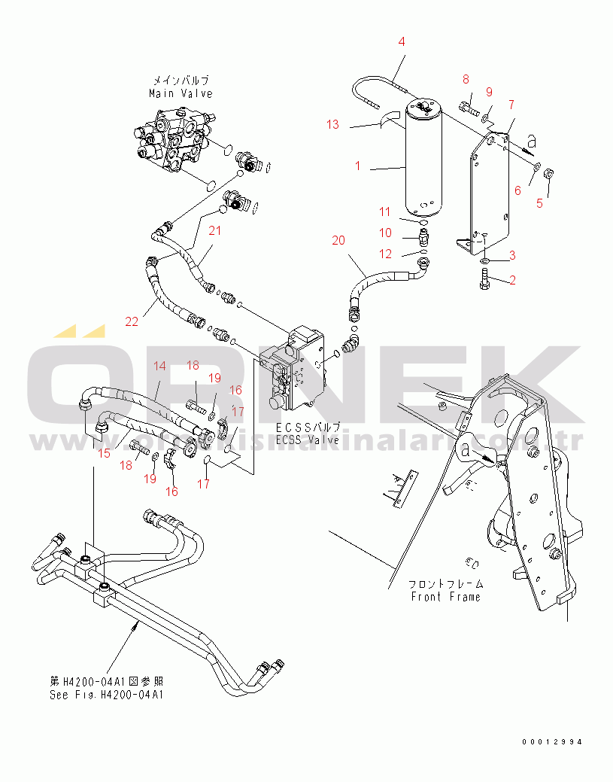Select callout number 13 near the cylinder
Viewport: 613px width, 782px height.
click(x=333, y=124)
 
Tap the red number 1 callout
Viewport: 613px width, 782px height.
click(x=358, y=166)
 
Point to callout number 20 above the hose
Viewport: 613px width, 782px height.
click(x=338, y=240)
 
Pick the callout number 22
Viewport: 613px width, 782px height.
click(x=132, y=321)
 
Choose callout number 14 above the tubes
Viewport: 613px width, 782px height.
click(x=159, y=367)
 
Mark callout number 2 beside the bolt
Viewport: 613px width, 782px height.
click(x=512, y=281)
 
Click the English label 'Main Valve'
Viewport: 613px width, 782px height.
click(x=181, y=93)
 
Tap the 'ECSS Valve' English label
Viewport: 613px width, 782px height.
click(x=308, y=440)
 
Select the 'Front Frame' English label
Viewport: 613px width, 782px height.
click(x=445, y=597)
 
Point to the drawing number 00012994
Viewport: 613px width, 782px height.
click(x=553, y=742)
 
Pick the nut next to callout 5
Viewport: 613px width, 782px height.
click(x=548, y=175)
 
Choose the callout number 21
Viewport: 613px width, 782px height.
click(x=214, y=230)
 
